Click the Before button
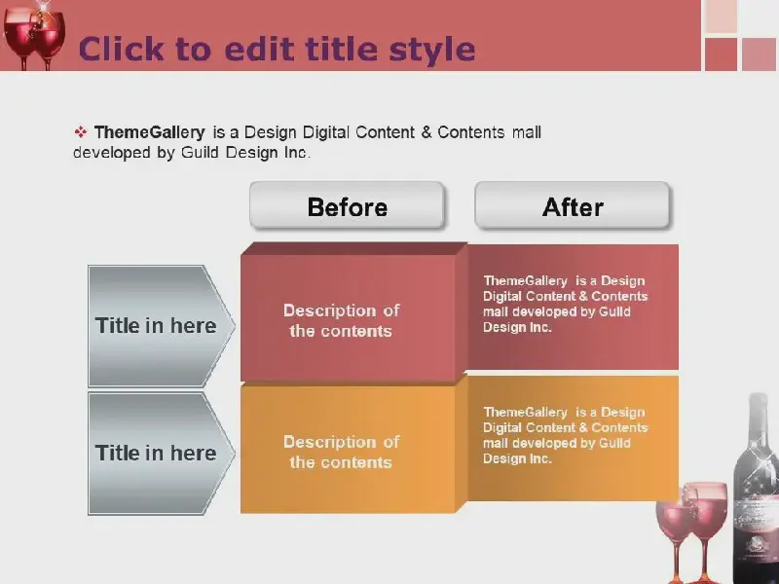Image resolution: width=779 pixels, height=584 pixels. pyautogui.click(x=347, y=205)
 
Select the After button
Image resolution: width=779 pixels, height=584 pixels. pyautogui.click(x=573, y=205)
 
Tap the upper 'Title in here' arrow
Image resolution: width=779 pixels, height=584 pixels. pyautogui.click(x=161, y=326)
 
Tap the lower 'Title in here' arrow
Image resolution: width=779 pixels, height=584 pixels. pyautogui.click(x=161, y=454)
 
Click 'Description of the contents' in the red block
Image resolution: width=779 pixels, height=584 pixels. pyautogui.click(x=342, y=320)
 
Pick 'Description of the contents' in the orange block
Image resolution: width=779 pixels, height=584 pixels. pyautogui.click(x=342, y=452)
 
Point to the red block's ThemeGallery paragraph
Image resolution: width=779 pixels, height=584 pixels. pyautogui.click(x=566, y=304)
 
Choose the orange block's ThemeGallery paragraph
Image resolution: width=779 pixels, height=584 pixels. pyautogui.click(x=566, y=435)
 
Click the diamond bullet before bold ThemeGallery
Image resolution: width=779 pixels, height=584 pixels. pyautogui.click(x=81, y=132)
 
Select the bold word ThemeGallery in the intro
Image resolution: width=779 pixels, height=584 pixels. pyautogui.click(x=150, y=132)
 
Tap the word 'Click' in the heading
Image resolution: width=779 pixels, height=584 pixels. pyautogui.click(x=121, y=49)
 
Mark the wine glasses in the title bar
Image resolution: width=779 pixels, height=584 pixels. pyautogui.click(x=34, y=36)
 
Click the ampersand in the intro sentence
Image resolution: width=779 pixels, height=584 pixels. pyautogui.click(x=427, y=132)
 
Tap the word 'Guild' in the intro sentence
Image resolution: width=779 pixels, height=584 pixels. pyautogui.click(x=200, y=152)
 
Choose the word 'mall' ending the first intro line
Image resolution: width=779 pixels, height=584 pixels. pyautogui.click(x=527, y=132)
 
